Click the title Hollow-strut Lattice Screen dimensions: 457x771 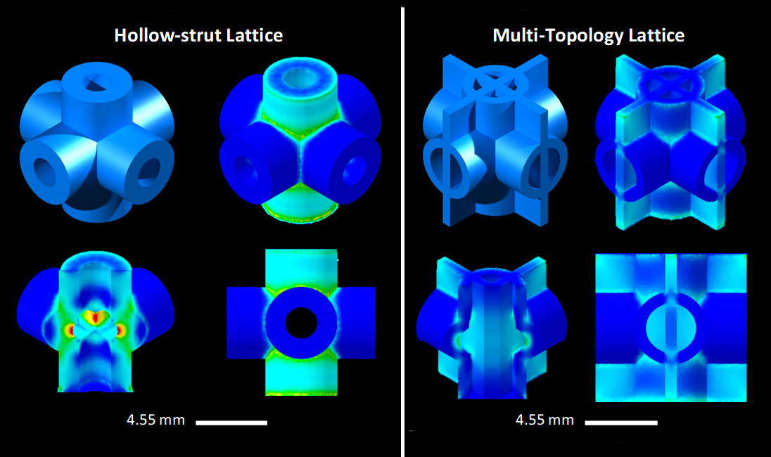[198, 35]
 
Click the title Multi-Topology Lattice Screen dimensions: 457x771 [588, 35]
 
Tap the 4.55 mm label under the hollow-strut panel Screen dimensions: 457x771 [155, 420]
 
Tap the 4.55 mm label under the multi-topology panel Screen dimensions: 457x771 [544, 420]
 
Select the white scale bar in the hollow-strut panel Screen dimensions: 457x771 [231, 423]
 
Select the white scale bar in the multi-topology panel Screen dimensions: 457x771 [621, 423]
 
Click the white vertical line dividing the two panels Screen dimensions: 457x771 [404, 232]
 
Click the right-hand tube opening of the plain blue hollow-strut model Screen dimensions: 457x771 [151, 167]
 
